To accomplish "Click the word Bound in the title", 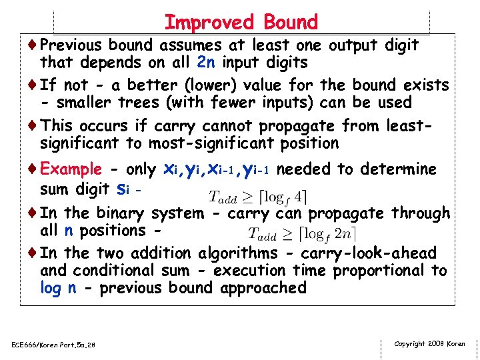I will pyautogui.click(x=291, y=22).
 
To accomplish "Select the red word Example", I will pyautogui.click(x=71, y=169).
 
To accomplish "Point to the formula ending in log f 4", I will pyautogui.click(x=258, y=196).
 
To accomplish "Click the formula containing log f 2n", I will pyautogui.click(x=302, y=233).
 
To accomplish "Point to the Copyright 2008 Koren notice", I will pyautogui.click(x=429, y=343).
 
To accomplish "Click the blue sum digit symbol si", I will pyautogui.click(x=122, y=188).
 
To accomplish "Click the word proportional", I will pyautogui.click(x=381, y=271).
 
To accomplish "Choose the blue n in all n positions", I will pyautogui.click(x=69, y=231).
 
